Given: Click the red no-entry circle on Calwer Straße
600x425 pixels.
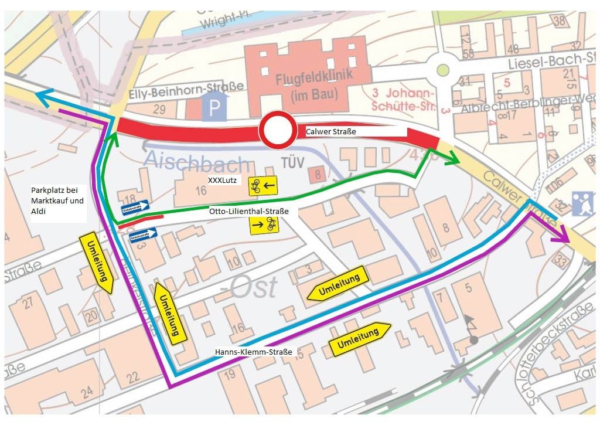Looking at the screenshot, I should click(278, 131).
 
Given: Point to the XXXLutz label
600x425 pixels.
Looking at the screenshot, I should click(222, 181).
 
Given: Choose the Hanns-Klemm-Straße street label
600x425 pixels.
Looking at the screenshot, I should click(254, 352).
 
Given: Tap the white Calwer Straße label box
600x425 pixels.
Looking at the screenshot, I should click(355, 132).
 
